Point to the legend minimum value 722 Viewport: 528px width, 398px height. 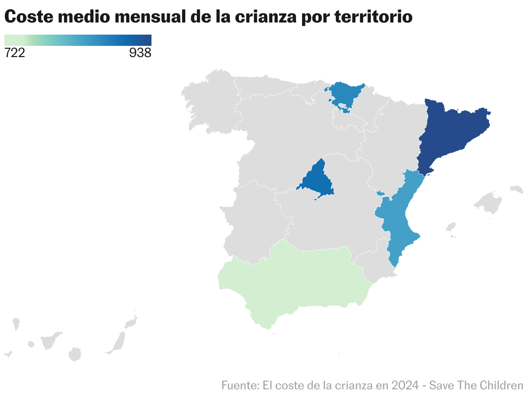pyautogui.click(x=15, y=53)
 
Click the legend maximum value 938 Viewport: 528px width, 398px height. pyautogui.click(x=140, y=53)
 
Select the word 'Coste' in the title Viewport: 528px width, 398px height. pyautogui.click(x=28, y=17)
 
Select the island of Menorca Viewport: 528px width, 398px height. pyautogui.click(x=517, y=189)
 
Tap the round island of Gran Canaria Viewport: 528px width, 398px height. pyautogui.click(x=75, y=354)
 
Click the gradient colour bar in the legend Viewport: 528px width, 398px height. pyautogui.click(x=78, y=40)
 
